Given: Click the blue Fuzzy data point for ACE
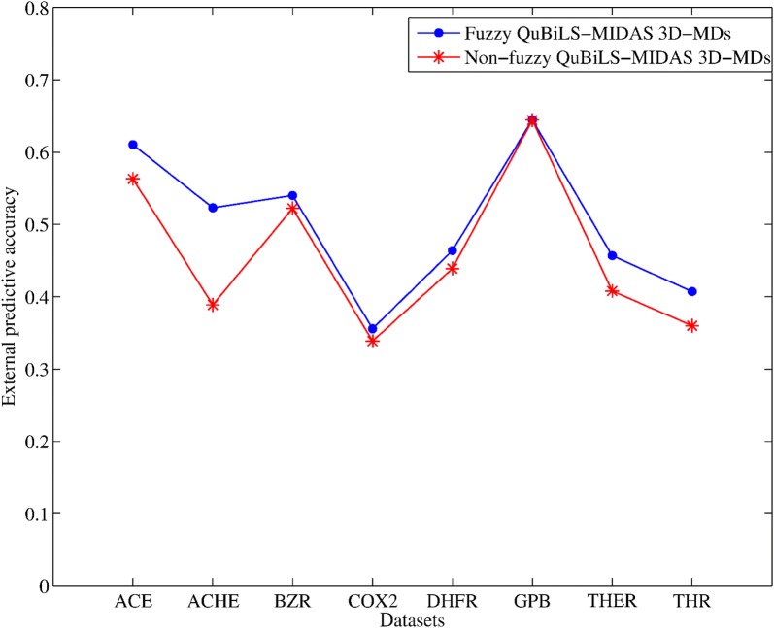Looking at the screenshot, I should [133, 145].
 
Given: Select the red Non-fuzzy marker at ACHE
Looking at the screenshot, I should [213, 305].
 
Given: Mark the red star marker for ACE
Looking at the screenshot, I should [133, 179].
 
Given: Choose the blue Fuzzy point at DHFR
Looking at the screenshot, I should [452, 250].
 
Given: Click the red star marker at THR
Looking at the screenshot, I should [691, 325].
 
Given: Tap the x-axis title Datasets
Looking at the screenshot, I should [412, 618].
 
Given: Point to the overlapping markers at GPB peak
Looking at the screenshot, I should [532, 120].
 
